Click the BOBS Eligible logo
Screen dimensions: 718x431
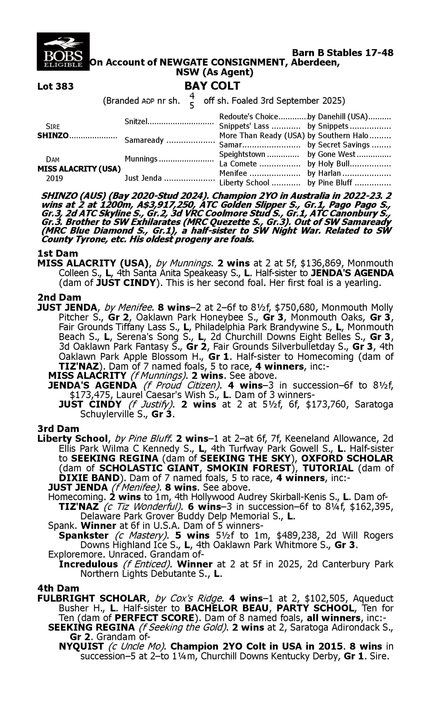pyautogui.click(x=63, y=52)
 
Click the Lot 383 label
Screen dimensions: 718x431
pyautogui.click(x=55, y=86)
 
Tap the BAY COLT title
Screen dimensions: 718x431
pyautogui.click(x=212, y=86)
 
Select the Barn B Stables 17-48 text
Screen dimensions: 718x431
pyautogui.click(x=343, y=53)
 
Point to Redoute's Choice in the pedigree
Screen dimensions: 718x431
pyautogui.click(x=249, y=117)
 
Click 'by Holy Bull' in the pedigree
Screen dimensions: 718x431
pyautogui.click(x=328, y=164)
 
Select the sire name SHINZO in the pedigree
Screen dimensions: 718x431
pyautogui.click(x=53, y=136)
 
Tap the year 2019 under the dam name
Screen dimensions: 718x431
pyautogui.click(x=54, y=178)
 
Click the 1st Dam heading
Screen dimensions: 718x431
pyautogui.click(x=57, y=253)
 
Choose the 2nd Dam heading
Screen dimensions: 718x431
pyautogui.click(x=59, y=297)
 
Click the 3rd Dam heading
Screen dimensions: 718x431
pyautogui.click(x=58, y=429)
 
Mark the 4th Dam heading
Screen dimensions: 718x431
pyautogui.click(x=58, y=588)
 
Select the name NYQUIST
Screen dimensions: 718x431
pyautogui.click(x=81, y=646)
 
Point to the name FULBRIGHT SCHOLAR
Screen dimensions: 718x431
pyautogui.click(x=92, y=598)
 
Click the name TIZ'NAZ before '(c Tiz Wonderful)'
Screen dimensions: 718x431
pyautogui.click(x=79, y=506)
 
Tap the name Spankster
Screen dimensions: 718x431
pyautogui.click(x=83, y=535)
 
